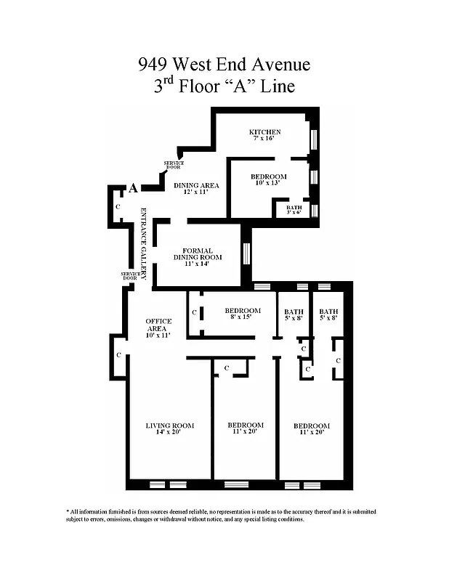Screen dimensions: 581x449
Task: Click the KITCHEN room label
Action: (264, 132)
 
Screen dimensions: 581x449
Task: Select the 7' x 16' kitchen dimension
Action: (264, 139)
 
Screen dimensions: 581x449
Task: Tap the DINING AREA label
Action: (196, 186)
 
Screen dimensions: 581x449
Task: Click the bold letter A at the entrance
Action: (132, 188)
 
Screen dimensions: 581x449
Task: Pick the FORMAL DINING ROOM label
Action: (197, 254)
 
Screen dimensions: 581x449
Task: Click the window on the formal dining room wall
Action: (246, 253)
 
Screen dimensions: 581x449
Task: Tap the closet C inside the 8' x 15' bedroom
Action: (194, 312)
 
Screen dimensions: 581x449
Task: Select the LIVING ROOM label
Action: (169, 426)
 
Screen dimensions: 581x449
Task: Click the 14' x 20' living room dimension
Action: (169, 433)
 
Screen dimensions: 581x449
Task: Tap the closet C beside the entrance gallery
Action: (118, 207)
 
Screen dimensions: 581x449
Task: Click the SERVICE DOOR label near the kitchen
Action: (174, 165)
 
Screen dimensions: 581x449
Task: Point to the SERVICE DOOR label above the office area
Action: (130, 276)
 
